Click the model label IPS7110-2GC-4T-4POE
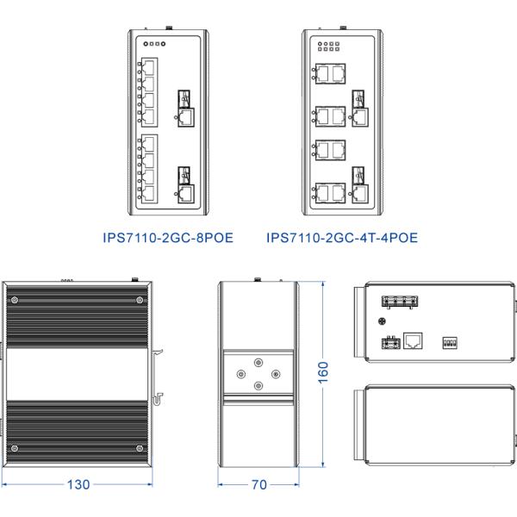pos(342,235)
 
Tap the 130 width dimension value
pos(78,484)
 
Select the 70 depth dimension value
pos(258,484)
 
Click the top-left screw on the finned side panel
pos(17,300)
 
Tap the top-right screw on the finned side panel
pos(140,300)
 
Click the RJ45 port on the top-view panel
pos(414,341)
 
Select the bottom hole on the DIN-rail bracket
pos(258,386)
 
